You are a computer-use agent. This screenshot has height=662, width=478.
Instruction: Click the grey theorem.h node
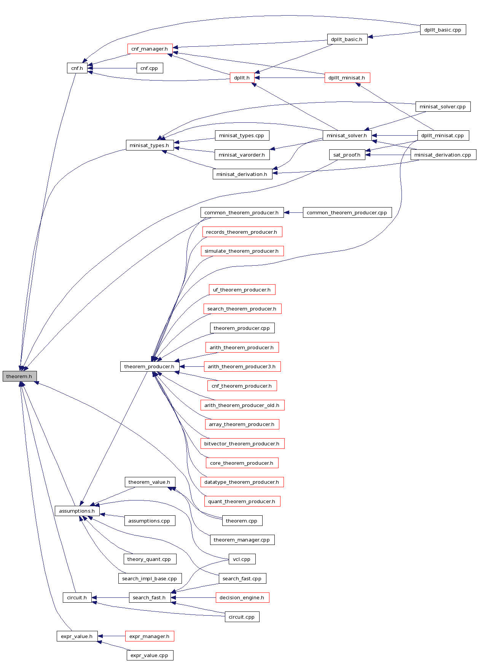[x=19, y=376]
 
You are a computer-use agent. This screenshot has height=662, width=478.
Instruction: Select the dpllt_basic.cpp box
[x=443, y=30]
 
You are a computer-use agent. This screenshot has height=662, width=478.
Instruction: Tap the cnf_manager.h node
[x=150, y=49]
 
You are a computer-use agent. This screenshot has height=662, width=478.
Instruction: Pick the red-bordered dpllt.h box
[x=242, y=78]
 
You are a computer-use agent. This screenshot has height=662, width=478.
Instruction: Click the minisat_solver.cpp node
[x=443, y=107]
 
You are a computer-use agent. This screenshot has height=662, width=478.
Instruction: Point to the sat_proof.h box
[x=347, y=155]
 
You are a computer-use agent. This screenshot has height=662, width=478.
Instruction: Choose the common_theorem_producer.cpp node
[x=347, y=213]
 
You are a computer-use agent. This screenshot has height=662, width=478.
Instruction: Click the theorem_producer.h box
[x=149, y=367]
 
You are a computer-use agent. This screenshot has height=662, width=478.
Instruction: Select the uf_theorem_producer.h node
[x=242, y=290]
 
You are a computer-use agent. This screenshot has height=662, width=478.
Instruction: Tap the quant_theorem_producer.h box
[x=242, y=502]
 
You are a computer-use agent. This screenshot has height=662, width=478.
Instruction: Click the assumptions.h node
[x=77, y=511]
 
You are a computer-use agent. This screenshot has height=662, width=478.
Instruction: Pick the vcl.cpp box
[x=242, y=559]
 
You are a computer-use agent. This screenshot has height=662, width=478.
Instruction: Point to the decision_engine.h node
[x=242, y=598]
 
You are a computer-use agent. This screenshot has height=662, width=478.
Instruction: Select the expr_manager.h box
[x=149, y=637]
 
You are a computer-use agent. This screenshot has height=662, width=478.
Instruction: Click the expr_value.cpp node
[x=149, y=656]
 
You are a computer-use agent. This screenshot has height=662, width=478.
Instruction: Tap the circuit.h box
[x=77, y=598]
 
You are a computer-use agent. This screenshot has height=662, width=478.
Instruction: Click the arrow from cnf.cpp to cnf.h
[x=112, y=68]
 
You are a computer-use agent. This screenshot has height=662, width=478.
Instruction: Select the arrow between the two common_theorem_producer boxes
[x=293, y=213]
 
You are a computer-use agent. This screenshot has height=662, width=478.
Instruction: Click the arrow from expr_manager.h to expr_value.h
[x=112, y=636]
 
